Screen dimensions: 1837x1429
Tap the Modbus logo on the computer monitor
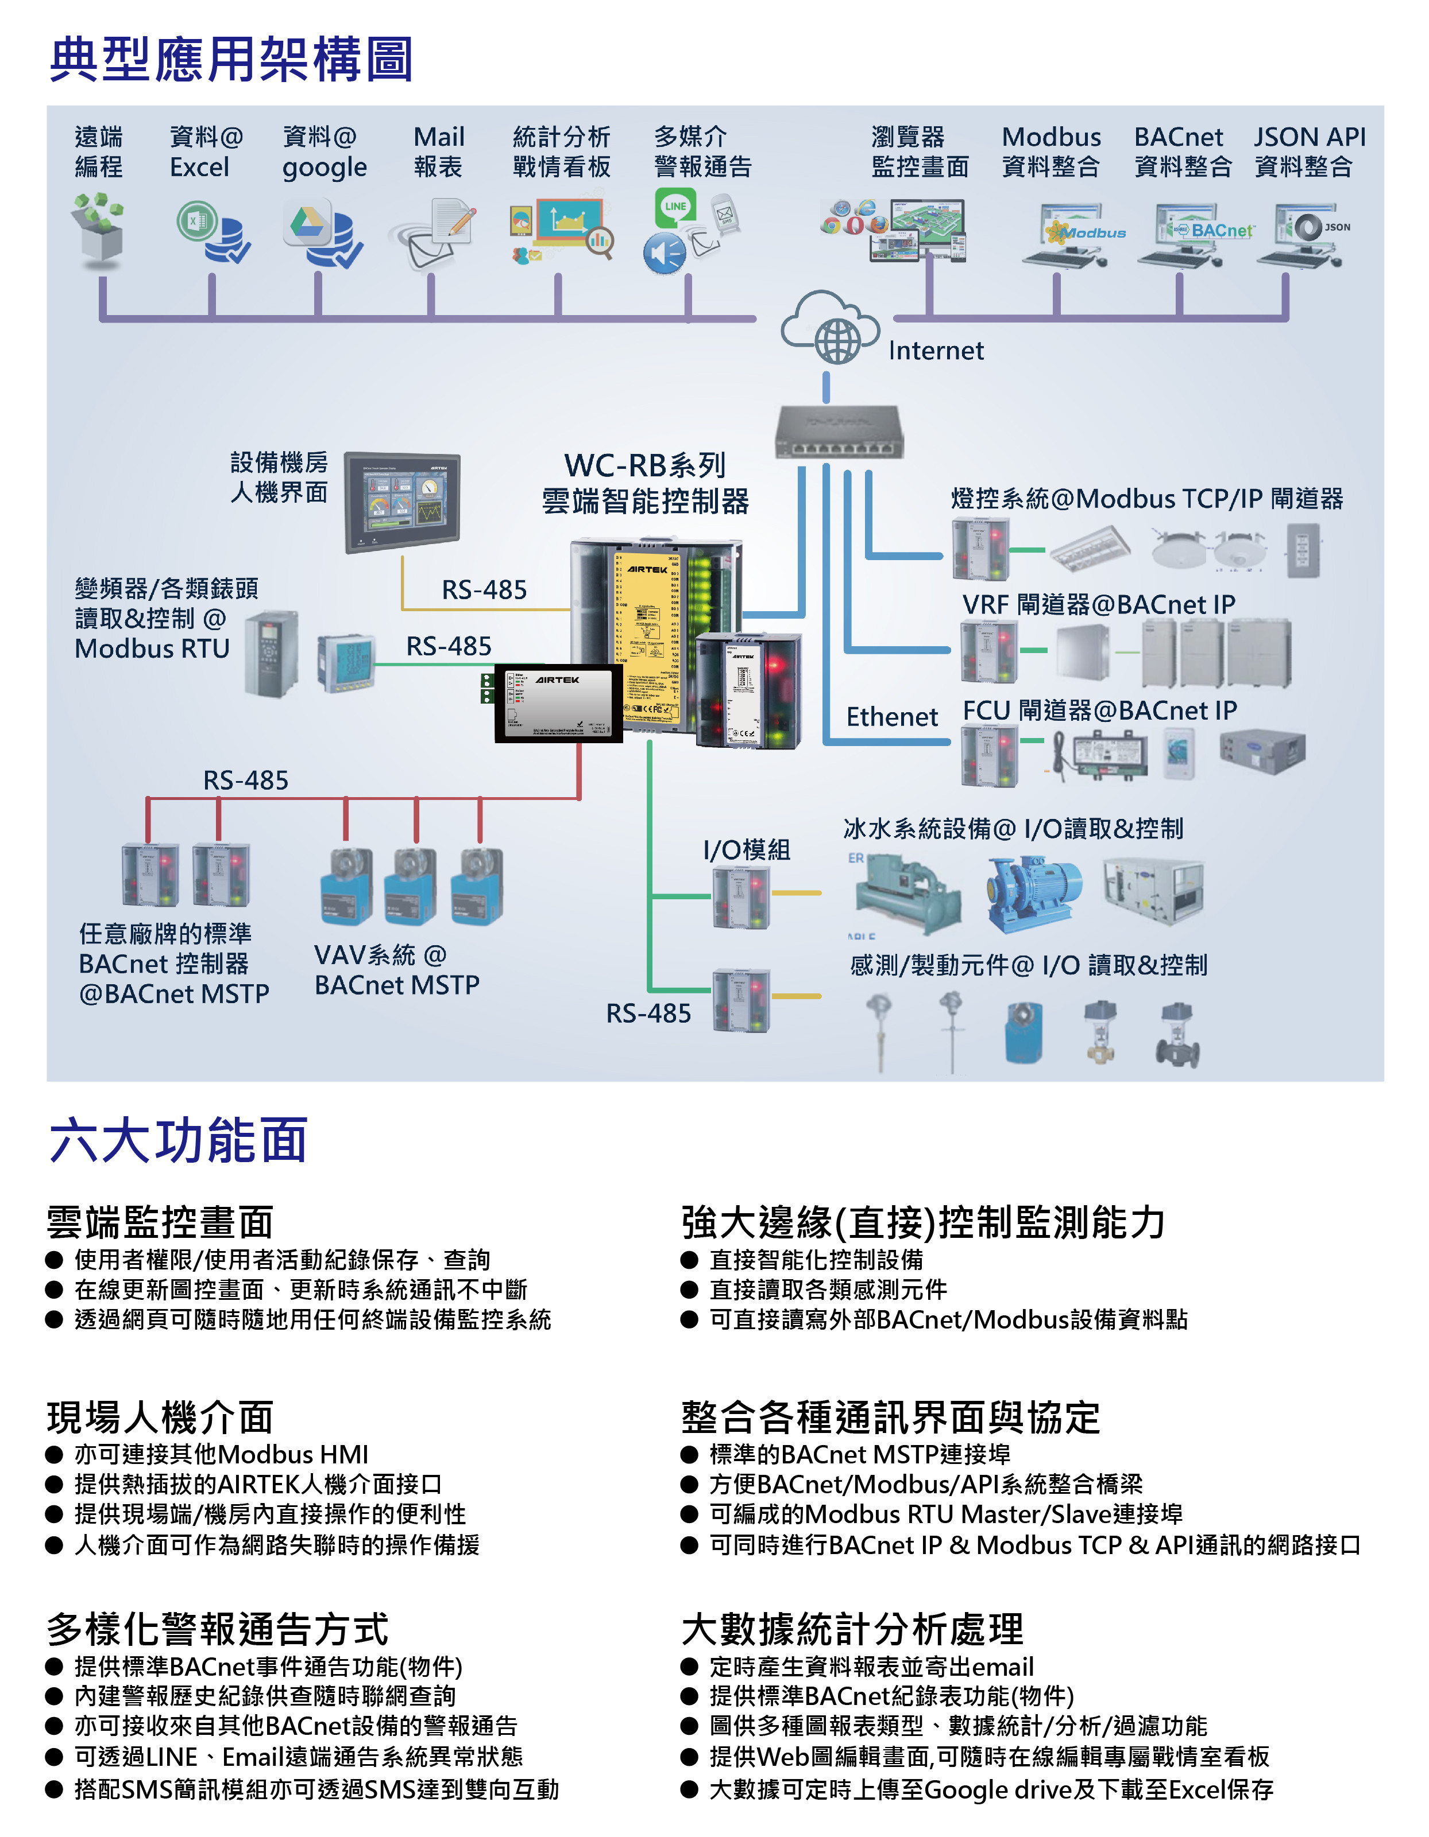1087,233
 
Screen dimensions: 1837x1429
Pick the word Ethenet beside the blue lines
891,717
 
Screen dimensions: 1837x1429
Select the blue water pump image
1033,894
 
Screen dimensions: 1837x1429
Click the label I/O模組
747,849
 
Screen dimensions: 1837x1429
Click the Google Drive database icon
323,232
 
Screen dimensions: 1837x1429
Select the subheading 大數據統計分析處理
852,1629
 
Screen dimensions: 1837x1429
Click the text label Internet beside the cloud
936,350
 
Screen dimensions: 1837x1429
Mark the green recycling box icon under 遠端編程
100,229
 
